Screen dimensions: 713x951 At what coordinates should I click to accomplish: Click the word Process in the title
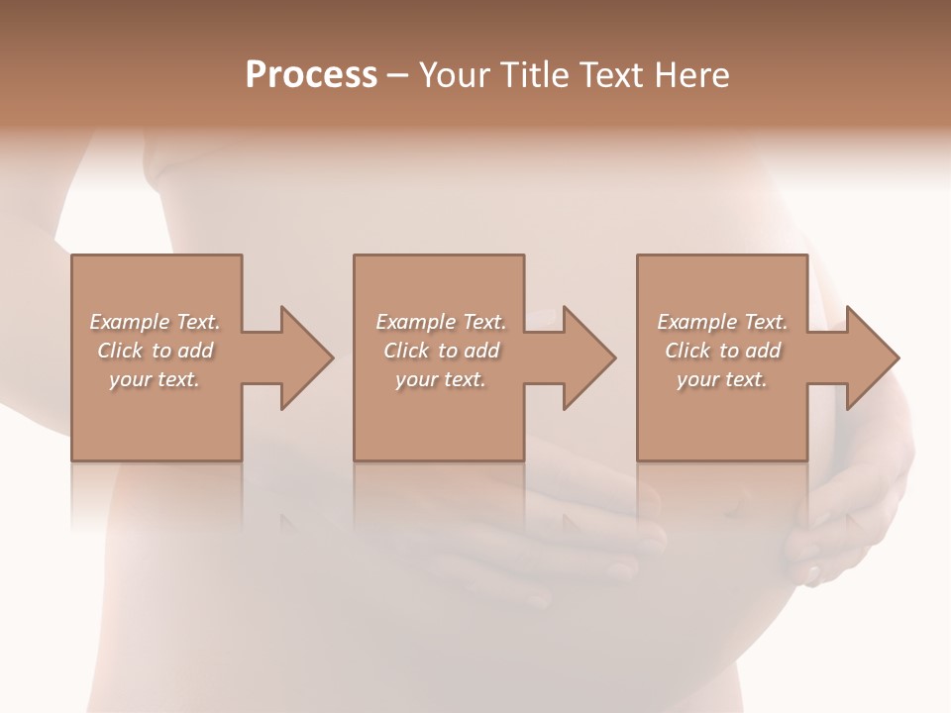tap(311, 75)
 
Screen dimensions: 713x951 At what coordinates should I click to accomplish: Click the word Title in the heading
tap(536, 75)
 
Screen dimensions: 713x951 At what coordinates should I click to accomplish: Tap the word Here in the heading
tap(691, 75)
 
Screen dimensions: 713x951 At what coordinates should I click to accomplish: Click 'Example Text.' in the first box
tap(155, 322)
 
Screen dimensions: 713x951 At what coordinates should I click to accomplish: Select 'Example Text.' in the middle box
tap(441, 322)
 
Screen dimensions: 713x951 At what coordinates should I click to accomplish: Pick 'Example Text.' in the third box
tap(722, 322)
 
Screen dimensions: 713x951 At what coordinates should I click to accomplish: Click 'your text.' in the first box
tap(155, 379)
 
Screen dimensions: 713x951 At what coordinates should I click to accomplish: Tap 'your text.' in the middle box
tap(441, 379)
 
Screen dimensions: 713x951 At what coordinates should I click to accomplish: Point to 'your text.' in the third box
tap(722, 379)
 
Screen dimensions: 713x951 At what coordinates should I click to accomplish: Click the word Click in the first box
tap(120, 351)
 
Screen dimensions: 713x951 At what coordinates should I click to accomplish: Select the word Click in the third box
tap(687, 351)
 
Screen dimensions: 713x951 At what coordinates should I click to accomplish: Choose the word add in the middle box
tap(481, 351)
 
